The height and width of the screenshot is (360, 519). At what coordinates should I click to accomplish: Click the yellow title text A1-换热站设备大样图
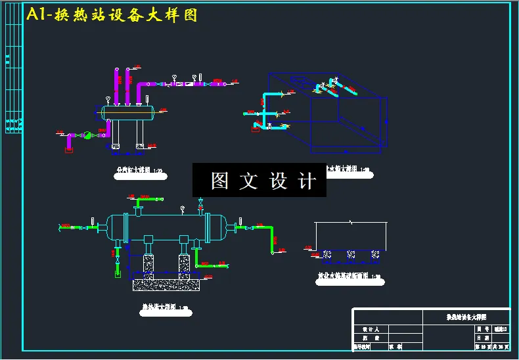pyautogui.click(x=112, y=15)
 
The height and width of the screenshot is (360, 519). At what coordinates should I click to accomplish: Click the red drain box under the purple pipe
pyautogui.click(x=68, y=150)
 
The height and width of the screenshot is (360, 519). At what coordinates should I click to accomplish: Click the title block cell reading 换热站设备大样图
pyautogui.click(x=466, y=317)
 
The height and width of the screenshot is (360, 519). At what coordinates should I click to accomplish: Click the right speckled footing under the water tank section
pyautogui.click(x=374, y=254)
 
